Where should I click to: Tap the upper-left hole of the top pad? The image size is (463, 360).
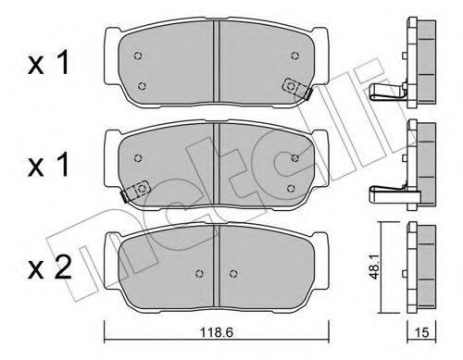coord(137,56)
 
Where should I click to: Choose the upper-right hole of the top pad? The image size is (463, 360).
coord(295,56)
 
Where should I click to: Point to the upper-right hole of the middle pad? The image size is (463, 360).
coord(295,157)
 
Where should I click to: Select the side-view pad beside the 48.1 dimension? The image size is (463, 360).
coord(424,259)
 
